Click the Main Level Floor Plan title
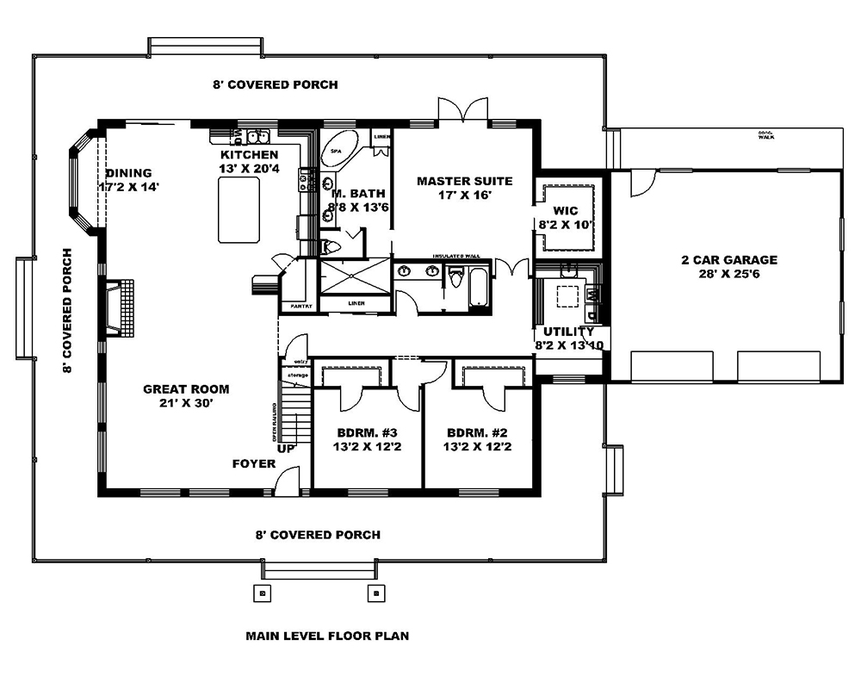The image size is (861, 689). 326,636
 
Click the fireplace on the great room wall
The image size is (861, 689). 114,308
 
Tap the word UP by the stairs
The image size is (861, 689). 285,448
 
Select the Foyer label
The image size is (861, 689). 254,464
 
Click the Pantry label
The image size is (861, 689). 300,306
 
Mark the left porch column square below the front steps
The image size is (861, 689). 263,593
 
